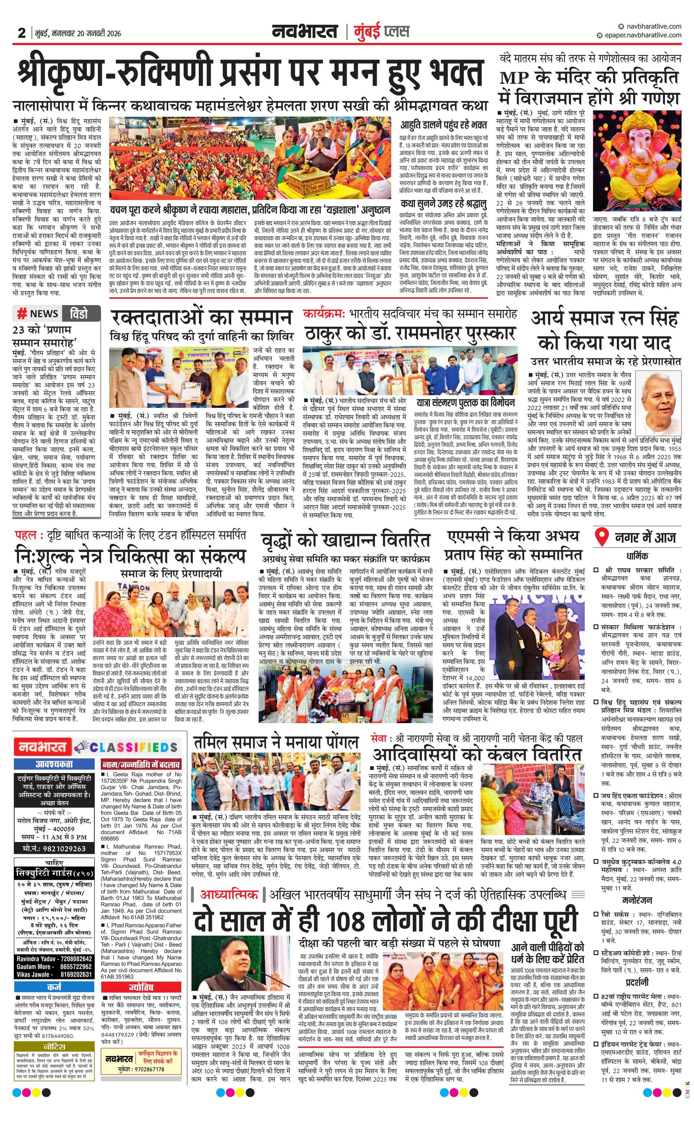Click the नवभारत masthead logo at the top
pyautogui.click(x=305, y=32)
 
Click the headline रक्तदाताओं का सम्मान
pyautogui.click(x=202, y=318)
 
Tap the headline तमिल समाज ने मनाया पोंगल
pyautogui.click(x=276, y=741)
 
